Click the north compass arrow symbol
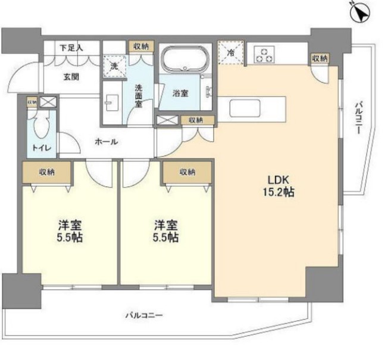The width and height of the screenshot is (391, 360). [x=359, y=14]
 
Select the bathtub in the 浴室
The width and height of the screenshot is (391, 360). [x=185, y=60]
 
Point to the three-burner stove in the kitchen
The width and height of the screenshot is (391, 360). [x=263, y=54]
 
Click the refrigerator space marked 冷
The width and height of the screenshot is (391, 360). [x=230, y=52]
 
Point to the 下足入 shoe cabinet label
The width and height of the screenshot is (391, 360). [x=72, y=47]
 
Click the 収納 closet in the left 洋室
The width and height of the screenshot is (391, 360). [x=48, y=173]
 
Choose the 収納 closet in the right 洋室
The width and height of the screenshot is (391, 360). [x=187, y=173]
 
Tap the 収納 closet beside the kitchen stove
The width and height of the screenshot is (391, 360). [x=319, y=58]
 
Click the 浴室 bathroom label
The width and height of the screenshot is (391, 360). [x=181, y=93]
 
